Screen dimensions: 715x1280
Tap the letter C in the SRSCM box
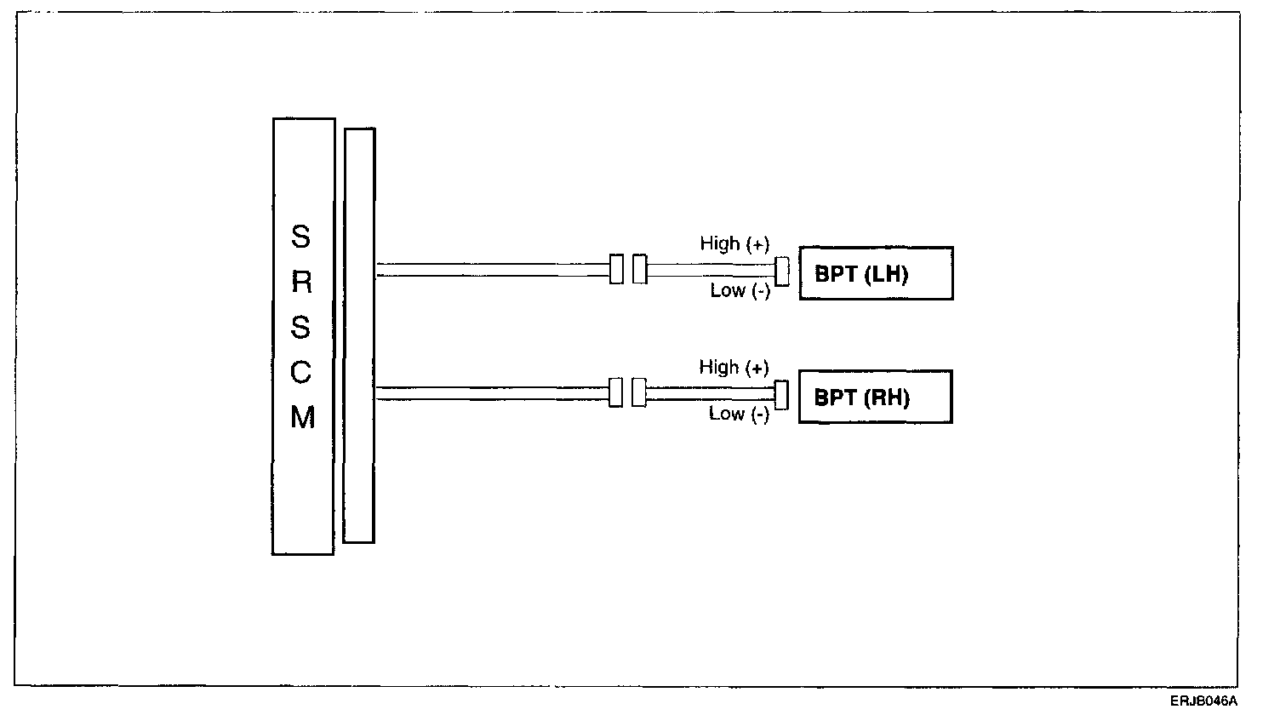point(302,373)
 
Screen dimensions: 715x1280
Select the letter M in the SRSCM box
point(303,418)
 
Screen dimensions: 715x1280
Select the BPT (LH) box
point(876,273)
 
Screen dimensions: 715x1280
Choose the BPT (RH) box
point(875,397)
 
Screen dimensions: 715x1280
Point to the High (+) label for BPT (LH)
point(734,244)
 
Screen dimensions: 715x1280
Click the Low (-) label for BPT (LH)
point(740,291)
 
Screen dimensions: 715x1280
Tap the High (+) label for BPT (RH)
point(734,368)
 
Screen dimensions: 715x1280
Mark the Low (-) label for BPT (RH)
point(739,415)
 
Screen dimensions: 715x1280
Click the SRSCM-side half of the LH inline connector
point(617,269)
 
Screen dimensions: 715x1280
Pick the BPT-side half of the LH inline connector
point(639,269)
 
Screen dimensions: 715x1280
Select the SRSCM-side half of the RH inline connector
point(616,392)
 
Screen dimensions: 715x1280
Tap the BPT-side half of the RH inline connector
point(639,392)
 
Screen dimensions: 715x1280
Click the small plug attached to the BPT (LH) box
point(782,271)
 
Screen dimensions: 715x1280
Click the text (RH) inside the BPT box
point(886,398)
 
